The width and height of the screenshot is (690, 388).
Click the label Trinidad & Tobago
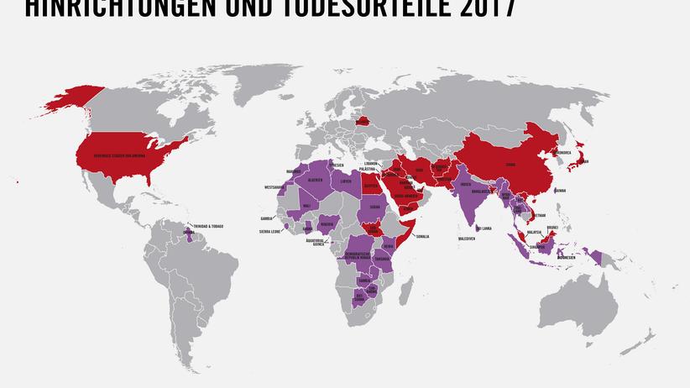click(x=208, y=224)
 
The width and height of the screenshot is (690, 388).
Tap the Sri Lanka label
click(x=484, y=228)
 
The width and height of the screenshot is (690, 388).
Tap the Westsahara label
click(x=274, y=186)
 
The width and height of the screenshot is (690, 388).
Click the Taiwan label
click(x=561, y=191)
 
